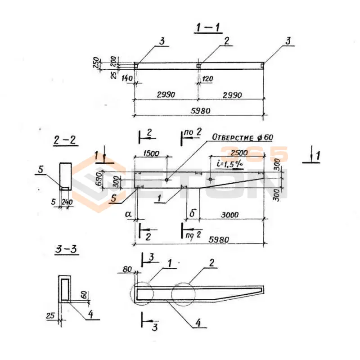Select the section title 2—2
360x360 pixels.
click(x=65, y=141)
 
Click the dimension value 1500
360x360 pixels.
click(x=151, y=153)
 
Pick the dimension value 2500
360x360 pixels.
click(x=239, y=153)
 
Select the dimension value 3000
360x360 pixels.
click(x=229, y=215)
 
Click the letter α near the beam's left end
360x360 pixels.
click(x=129, y=215)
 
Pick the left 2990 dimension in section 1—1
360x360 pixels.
click(x=166, y=95)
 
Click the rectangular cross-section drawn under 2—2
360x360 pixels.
click(x=66, y=176)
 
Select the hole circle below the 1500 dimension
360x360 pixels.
click(x=166, y=180)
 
